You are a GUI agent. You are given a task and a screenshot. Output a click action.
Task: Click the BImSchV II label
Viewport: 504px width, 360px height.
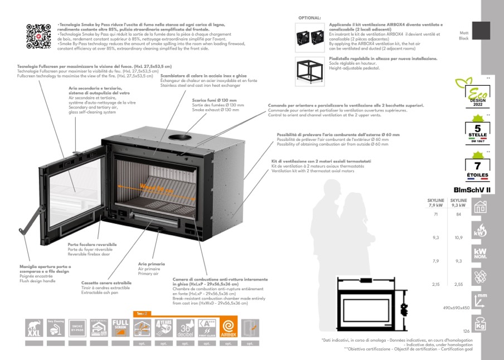coord(472,190)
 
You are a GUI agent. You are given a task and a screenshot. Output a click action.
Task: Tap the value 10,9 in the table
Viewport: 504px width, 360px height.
coord(458,238)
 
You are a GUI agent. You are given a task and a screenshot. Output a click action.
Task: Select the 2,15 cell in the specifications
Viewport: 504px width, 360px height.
coord(435,284)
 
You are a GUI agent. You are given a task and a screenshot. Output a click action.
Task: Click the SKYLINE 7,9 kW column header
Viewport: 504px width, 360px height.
coord(435,202)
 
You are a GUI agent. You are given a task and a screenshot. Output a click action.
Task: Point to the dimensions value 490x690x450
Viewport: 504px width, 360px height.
coord(456,308)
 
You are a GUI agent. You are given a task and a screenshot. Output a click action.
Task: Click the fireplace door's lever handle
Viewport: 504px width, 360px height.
coord(32,221)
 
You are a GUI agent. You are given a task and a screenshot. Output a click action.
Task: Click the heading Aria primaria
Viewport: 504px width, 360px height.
coord(152,263)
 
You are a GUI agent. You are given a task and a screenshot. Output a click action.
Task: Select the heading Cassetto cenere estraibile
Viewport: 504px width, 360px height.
coord(106,283)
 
